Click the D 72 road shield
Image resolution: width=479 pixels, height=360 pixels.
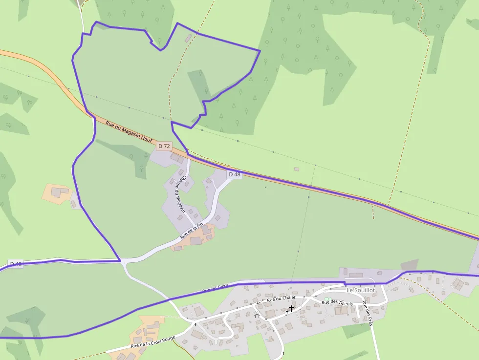pyautogui.click(x=164, y=146)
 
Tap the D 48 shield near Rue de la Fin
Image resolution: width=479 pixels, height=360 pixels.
pyautogui.click(x=235, y=174)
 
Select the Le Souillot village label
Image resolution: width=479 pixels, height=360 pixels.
pyautogui.click(x=361, y=290)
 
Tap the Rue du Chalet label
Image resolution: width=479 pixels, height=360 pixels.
pyautogui.click(x=281, y=298)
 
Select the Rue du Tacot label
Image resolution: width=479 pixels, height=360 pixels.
pyautogui.click(x=215, y=289)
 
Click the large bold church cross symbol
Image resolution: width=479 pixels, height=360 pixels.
pyautogui.click(x=291, y=308)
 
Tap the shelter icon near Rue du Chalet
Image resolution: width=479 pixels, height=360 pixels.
pyautogui.click(x=257, y=316)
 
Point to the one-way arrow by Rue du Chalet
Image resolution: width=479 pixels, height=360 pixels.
pyautogui.click(x=258, y=303)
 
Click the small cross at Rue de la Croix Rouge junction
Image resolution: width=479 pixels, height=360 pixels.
pyautogui.click(x=195, y=324)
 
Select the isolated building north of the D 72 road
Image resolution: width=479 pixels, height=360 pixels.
pyautogui.click(x=296, y=169)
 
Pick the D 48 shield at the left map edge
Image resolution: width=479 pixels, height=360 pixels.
pyautogui.click(x=16, y=264)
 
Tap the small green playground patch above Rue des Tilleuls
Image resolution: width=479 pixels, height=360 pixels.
pyautogui.click(x=327, y=299)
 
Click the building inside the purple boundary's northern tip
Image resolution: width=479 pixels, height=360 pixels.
pyautogui.click(x=188, y=38)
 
